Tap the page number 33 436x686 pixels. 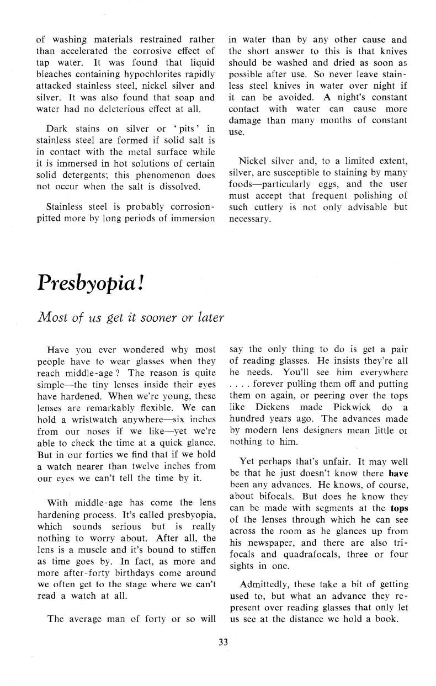[223, 642]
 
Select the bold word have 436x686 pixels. [398, 472]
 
